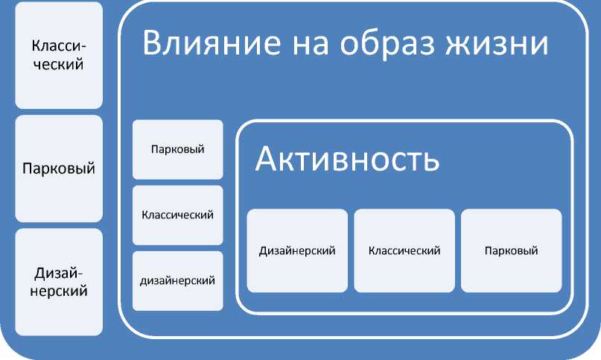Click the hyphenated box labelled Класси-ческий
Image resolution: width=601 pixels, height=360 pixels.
point(59,55)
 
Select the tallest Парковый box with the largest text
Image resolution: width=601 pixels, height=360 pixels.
point(59,168)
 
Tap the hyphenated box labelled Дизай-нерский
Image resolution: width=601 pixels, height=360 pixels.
point(59,282)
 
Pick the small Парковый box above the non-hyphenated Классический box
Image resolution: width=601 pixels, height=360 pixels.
point(177,149)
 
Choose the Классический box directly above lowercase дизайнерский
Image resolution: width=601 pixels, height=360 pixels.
point(177,215)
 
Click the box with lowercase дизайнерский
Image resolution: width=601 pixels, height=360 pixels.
point(177,281)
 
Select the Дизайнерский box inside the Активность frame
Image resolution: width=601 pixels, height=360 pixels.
point(297,250)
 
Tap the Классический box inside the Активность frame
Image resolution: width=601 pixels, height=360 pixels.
point(404,250)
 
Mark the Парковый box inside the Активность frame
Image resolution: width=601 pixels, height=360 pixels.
point(511,250)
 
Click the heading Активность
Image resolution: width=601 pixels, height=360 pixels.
point(347,160)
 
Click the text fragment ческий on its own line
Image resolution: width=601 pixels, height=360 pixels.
point(59,64)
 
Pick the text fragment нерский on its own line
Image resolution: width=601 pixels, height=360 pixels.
point(59,291)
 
